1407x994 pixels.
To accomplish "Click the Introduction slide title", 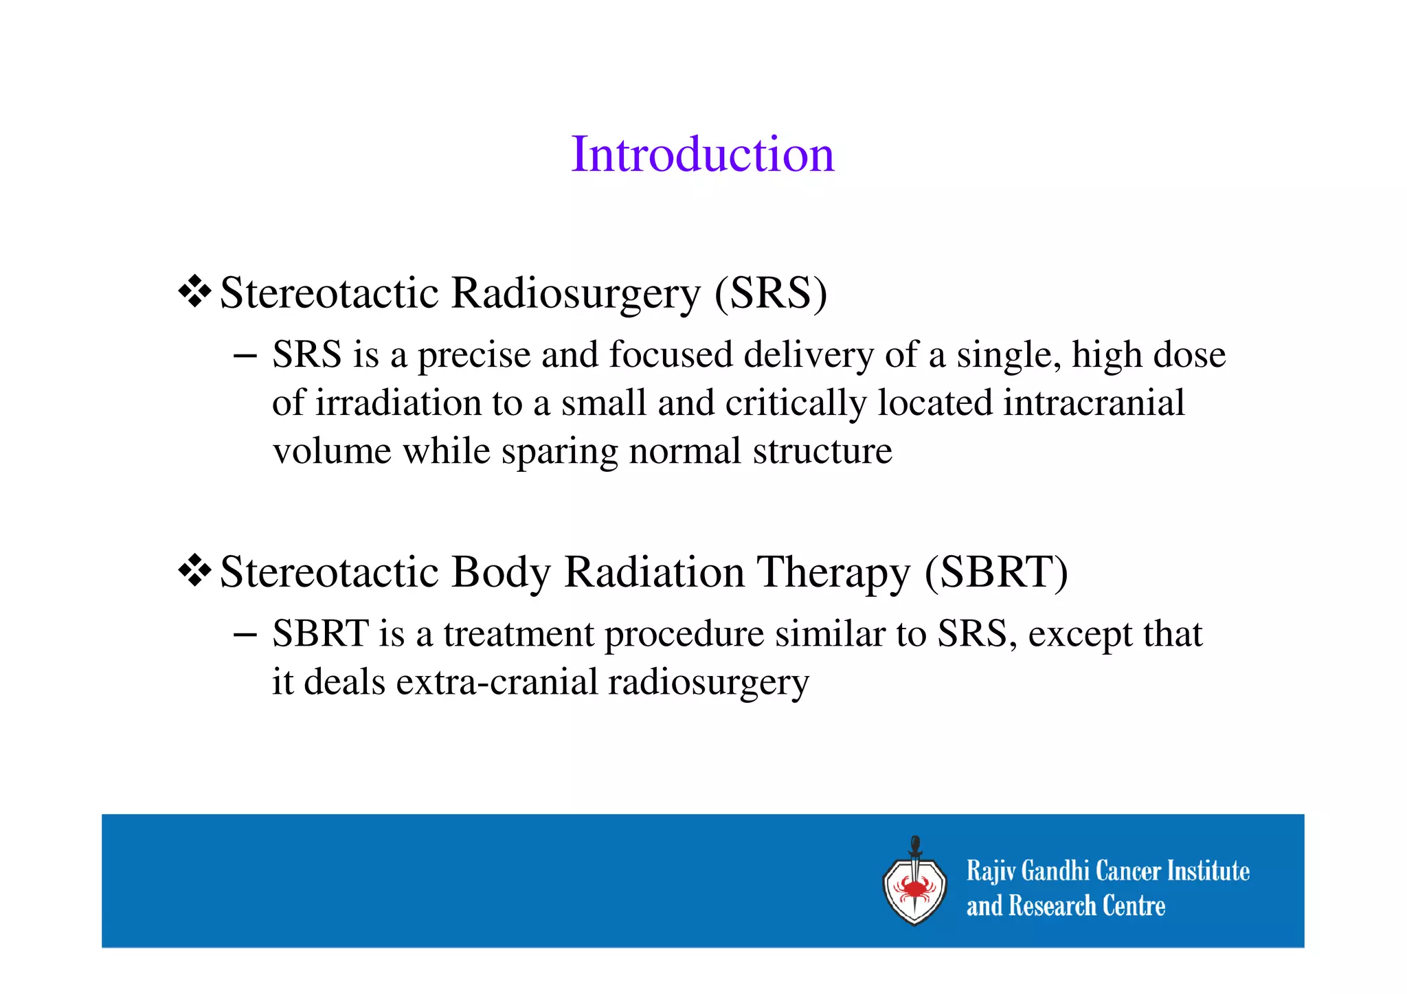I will [x=702, y=154].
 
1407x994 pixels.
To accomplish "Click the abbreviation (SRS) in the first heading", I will [x=771, y=293].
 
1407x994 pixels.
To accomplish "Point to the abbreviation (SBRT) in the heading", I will [x=995, y=572].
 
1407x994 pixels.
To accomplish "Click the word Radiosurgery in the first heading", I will [x=575, y=293].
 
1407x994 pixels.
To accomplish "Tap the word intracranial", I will [x=1093, y=403].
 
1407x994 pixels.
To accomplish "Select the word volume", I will [x=332, y=451].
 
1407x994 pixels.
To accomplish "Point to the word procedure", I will [x=684, y=634].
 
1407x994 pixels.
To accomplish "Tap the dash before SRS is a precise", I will [x=245, y=356].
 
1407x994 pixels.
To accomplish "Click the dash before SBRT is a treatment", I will [x=245, y=634].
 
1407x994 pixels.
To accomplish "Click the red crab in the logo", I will [x=914, y=890].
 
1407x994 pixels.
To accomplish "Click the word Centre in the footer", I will [x=1134, y=906].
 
